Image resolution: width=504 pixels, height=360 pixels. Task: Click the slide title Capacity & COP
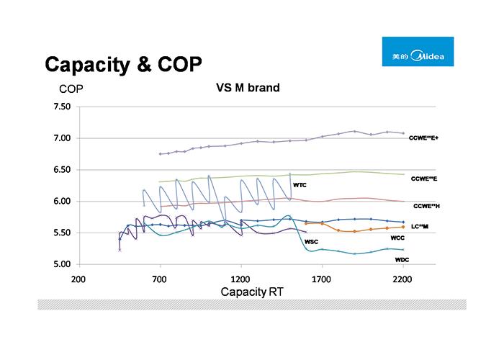123,65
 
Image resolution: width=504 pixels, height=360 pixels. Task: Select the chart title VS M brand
248,89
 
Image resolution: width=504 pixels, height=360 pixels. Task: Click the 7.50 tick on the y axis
60,107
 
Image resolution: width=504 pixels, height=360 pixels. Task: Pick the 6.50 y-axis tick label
60,170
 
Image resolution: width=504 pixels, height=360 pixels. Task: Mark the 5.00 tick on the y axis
60,264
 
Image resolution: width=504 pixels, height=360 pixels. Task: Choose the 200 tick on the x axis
78,277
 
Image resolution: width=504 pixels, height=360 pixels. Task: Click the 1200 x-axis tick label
240,277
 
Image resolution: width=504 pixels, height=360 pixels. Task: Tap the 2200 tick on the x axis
403,277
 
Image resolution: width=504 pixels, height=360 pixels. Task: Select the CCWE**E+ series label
423,138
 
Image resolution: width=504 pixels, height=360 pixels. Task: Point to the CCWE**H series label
426,206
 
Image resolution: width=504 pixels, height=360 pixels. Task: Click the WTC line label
300,185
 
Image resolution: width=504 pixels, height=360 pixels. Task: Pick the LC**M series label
420,226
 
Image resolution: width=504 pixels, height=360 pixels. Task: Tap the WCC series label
397,238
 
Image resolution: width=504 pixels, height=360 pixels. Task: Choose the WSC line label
312,241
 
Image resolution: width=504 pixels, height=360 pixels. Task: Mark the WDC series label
402,258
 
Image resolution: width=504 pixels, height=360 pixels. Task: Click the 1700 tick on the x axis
322,277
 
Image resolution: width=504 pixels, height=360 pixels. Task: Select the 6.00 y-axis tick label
60,202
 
